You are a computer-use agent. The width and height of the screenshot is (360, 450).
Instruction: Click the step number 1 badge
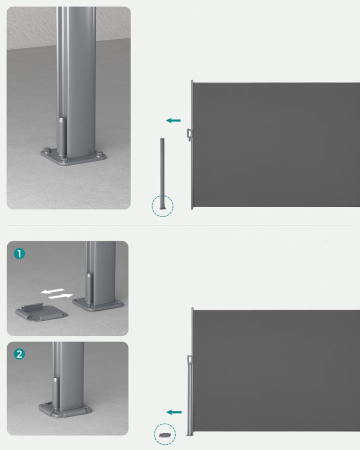(18, 253)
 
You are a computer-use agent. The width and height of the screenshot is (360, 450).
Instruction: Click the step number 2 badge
(18, 353)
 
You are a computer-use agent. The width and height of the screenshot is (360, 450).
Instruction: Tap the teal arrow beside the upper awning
(173, 120)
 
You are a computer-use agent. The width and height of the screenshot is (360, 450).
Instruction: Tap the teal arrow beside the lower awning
(174, 411)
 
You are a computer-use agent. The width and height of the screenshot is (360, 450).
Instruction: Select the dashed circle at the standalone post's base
(162, 206)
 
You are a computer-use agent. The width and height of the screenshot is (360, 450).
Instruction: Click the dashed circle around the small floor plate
(164, 434)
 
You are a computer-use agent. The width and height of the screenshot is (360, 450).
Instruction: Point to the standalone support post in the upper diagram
(162, 170)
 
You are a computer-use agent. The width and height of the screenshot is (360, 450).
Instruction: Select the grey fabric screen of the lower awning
(275, 370)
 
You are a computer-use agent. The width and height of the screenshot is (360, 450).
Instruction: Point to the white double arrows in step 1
(55, 293)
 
